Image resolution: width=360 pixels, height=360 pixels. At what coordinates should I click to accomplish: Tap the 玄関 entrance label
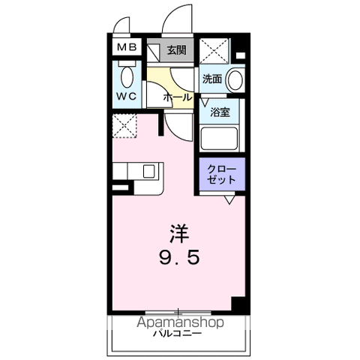click(x=176, y=51)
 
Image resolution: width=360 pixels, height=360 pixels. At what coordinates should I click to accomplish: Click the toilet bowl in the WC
click(x=126, y=75)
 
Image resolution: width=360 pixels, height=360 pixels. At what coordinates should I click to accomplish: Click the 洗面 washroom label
click(x=211, y=77)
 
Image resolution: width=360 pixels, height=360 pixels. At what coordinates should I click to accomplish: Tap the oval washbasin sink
click(x=235, y=79)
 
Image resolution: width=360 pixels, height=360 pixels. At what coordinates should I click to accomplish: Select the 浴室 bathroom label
click(x=220, y=113)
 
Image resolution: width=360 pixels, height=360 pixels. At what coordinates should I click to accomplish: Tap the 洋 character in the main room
click(x=178, y=233)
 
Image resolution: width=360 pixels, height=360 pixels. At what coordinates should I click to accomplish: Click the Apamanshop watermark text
click(x=180, y=322)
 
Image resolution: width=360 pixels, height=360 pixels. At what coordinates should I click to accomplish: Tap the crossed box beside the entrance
click(x=214, y=50)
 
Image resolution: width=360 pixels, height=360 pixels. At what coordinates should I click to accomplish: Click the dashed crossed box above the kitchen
click(x=124, y=125)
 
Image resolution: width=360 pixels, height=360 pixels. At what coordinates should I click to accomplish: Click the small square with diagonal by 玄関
click(x=154, y=51)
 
